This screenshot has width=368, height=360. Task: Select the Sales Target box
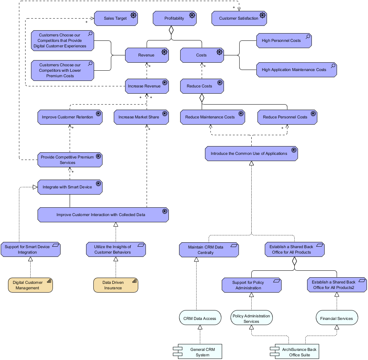pyautogui.click(x=116, y=18)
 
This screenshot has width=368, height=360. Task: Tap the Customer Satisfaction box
pyautogui.click(x=239, y=18)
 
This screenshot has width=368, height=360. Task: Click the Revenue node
pyautogui.click(x=146, y=55)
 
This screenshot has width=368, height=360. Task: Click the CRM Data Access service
pyautogui.click(x=200, y=318)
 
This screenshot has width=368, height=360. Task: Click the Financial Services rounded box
pyautogui.click(x=337, y=318)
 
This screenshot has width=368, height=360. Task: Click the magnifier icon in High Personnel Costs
pyautogui.click(x=307, y=36)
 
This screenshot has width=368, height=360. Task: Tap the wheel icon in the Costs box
pyautogui.click(x=219, y=52)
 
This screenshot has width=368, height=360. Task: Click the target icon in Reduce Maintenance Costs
pyautogui.click(x=241, y=114)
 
